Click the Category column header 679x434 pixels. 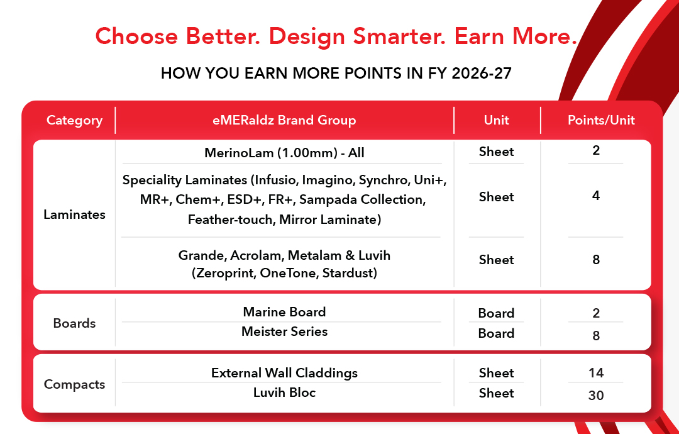tap(74, 120)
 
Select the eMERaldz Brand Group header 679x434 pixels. tap(284, 120)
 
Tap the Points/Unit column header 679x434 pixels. tap(601, 120)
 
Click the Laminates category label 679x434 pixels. tap(74, 214)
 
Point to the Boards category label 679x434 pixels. tap(74, 323)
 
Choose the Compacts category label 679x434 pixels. tap(74, 384)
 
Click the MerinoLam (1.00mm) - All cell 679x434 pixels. tap(284, 153)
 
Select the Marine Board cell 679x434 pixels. tap(284, 312)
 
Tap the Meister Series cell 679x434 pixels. tap(284, 331)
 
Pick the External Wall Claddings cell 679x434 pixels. tap(284, 373)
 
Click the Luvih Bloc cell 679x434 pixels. tap(284, 392)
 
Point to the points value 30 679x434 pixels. tap(596, 395)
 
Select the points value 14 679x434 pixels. tap(596, 372)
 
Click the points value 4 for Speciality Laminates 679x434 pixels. tap(596, 196)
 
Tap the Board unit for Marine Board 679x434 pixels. tap(496, 313)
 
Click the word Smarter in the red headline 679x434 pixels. tap(399, 36)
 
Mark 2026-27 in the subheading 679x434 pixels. tap(482, 73)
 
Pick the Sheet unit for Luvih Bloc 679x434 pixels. tap(496, 393)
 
